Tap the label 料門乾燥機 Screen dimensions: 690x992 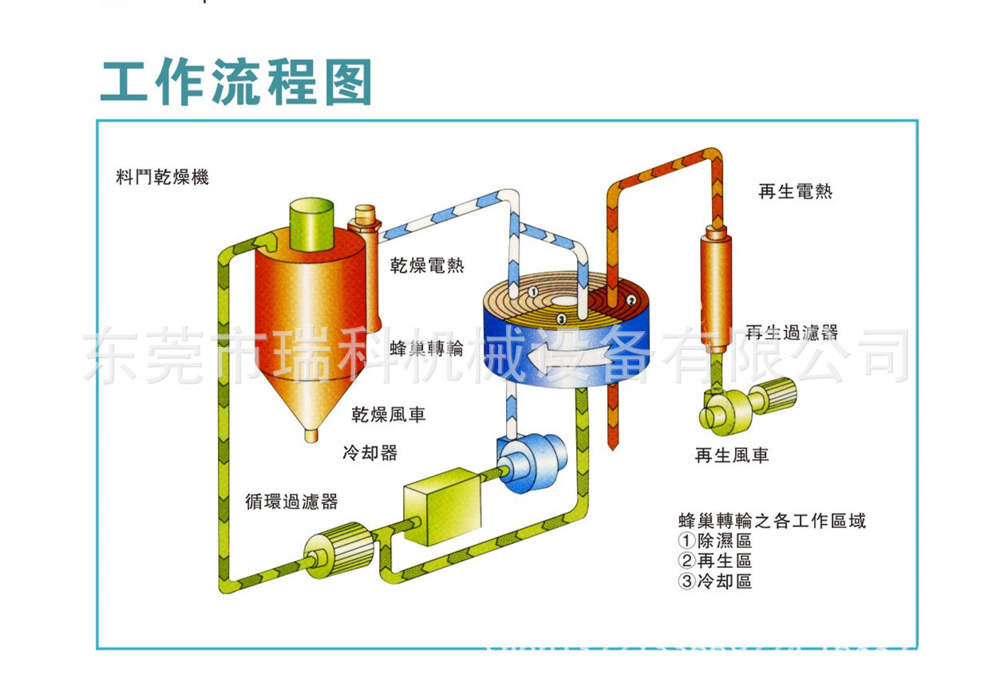coord(163,177)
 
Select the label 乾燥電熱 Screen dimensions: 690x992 coord(427,265)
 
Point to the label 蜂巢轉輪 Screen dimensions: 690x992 coord(427,349)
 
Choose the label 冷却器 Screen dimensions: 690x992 coord(370,453)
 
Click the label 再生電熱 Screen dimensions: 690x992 coord(795,191)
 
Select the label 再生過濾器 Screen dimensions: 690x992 coord(792,332)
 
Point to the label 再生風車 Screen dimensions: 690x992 coord(732,455)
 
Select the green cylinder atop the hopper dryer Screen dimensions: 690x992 coord(312,221)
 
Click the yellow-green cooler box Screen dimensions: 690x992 coord(442,506)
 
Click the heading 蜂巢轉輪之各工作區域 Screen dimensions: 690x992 coord(771,521)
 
